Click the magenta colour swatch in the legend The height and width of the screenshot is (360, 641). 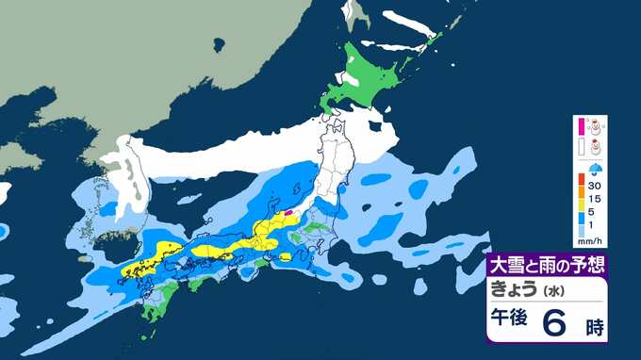pyautogui.click(x=583, y=124)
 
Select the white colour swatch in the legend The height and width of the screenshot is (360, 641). pyautogui.click(x=583, y=145)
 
